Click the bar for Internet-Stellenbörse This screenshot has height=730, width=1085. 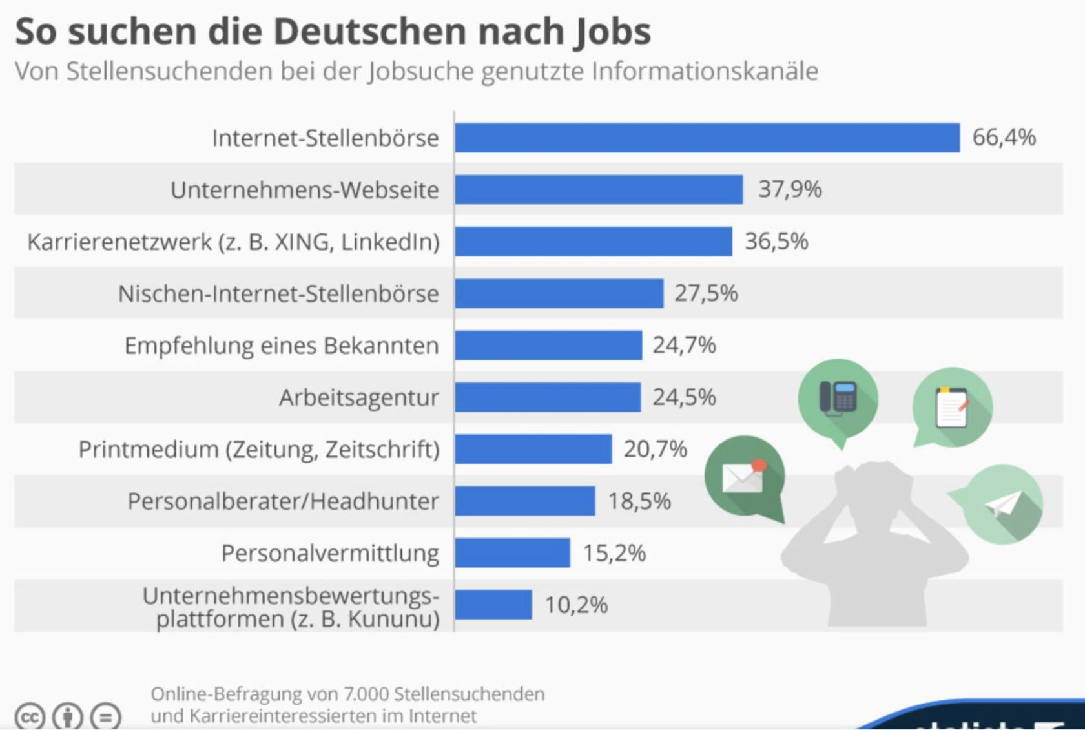(707, 138)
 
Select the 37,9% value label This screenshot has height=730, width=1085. (789, 189)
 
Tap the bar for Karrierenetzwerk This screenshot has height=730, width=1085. (593, 242)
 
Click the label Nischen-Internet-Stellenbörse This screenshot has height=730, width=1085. (278, 294)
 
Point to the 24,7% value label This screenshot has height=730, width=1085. (684, 346)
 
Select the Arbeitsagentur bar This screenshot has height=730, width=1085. (548, 397)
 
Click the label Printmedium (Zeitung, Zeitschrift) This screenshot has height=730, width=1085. (258, 449)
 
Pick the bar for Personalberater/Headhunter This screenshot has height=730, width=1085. (524, 501)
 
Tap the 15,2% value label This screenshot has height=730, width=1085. (614, 554)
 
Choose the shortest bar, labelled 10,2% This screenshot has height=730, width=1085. (493, 605)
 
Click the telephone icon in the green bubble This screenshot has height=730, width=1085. (838, 398)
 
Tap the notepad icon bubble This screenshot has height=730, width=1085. (952, 408)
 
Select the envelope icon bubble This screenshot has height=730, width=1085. (744, 477)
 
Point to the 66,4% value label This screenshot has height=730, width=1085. (1004, 138)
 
